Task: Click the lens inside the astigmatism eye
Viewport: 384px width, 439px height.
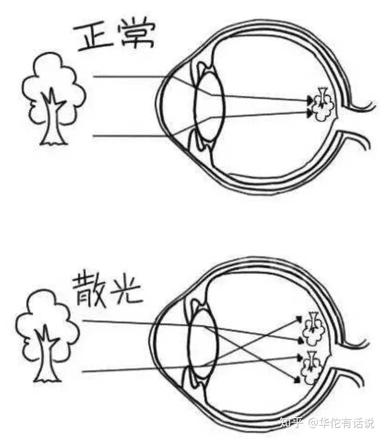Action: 203,345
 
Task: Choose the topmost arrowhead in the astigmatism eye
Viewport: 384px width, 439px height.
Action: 299,318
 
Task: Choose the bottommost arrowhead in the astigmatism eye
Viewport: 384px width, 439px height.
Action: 297,380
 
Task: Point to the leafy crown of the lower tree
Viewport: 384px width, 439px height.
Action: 47,317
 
